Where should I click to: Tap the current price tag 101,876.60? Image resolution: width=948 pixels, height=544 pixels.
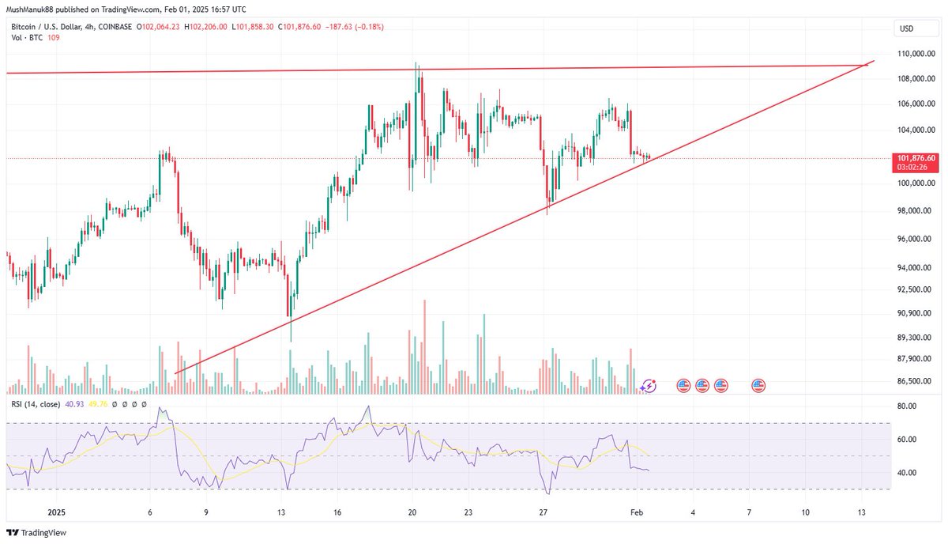916,158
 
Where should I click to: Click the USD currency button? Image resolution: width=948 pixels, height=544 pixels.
906,28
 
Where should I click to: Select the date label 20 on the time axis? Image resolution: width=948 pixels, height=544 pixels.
412,512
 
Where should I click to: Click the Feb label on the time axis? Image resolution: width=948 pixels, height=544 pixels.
637,512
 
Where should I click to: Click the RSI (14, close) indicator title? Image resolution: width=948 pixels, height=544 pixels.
35,406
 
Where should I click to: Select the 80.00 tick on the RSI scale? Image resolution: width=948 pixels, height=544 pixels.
906,406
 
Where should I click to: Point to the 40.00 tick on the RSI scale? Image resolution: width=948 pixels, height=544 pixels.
906,473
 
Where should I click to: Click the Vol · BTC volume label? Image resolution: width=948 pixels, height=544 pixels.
24,37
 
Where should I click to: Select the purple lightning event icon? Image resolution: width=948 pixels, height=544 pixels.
649,386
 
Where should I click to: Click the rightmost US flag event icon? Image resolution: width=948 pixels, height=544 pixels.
758,386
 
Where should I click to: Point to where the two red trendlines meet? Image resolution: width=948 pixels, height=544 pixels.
867,65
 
